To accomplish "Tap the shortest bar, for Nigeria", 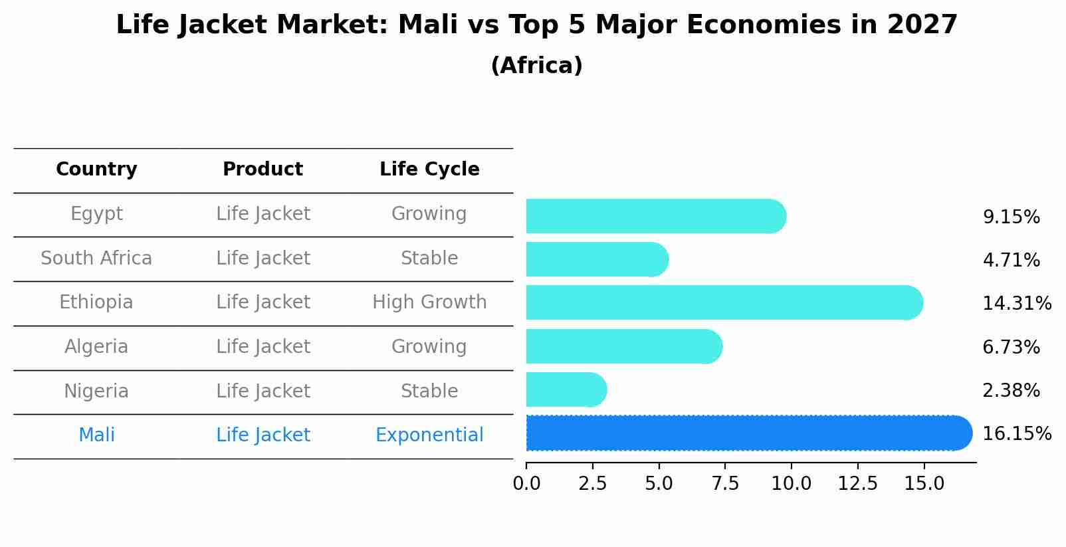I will [566, 389].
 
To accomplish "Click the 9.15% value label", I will [1010, 217].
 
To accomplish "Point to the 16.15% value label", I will [1016, 434].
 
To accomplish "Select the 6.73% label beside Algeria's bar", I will [1010, 347].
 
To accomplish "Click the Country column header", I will [96, 169].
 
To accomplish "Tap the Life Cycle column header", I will [429, 169].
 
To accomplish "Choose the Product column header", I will [263, 169].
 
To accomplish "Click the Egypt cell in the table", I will [96, 214].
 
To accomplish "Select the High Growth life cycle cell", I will [429, 302].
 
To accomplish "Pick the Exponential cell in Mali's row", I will [429, 435].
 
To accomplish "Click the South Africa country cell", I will [96, 259].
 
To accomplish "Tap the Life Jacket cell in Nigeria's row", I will [263, 391].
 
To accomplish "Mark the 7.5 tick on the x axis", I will [725, 484].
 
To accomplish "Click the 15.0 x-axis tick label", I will [924, 484].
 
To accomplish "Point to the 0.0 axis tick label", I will [526, 484].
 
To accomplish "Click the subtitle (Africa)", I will [536, 66].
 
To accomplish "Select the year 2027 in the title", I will [922, 25].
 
